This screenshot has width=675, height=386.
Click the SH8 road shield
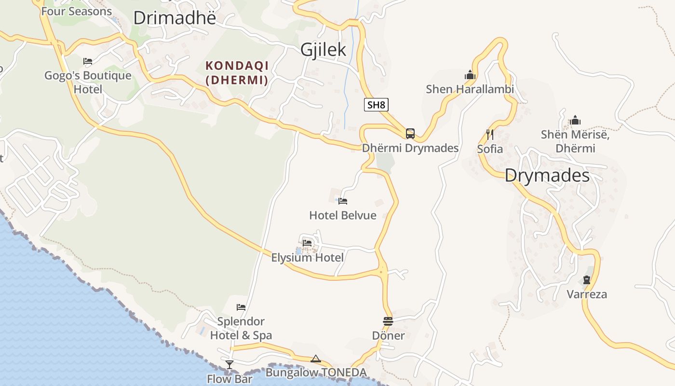click(x=376, y=105)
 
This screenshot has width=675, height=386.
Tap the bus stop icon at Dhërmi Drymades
click(x=410, y=134)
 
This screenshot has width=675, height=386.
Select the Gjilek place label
click(x=324, y=49)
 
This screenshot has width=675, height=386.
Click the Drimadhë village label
click(x=175, y=18)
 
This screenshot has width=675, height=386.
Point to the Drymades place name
click(x=547, y=176)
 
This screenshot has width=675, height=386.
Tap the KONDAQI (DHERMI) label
click(x=237, y=72)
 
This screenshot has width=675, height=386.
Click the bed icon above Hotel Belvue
click(x=343, y=201)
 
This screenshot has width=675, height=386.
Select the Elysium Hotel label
click(x=308, y=258)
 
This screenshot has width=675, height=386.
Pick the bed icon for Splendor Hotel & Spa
click(x=241, y=307)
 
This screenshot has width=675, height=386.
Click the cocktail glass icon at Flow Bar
click(x=229, y=364)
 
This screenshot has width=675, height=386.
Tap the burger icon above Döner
click(x=388, y=321)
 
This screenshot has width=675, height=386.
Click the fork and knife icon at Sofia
click(x=490, y=134)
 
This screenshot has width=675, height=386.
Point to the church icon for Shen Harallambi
click(x=470, y=75)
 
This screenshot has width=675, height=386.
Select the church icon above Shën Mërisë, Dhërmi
click(x=575, y=120)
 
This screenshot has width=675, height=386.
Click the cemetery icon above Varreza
click(x=587, y=279)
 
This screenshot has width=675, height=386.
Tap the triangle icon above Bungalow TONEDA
click(x=316, y=358)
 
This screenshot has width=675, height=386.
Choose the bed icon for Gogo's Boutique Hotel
click(x=88, y=61)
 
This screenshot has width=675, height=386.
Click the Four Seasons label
click(x=77, y=11)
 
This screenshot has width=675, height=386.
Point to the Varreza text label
click(x=587, y=294)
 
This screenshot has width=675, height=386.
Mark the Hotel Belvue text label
click(x=343, y=215)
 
